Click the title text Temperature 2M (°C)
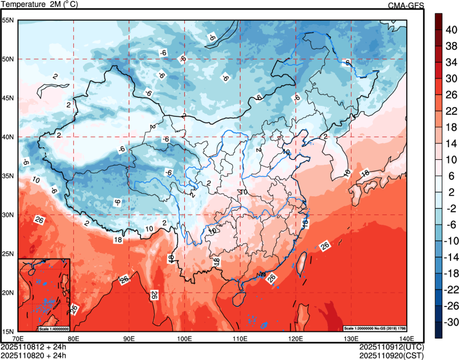pyautogui.click(x=38, y=5)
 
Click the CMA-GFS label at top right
pyautogui.click(x=406, y=5)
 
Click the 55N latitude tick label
pyautogui.click(x=8, y=20)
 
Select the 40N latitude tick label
pyautogui.click(x=8, y=137)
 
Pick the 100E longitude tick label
pyautogui.click(x=184, y=339)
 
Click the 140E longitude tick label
pyautogui.click(x=406, y=339)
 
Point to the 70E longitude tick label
pyautogui.click(x=18, y=339)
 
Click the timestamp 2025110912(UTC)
pyautogui.click(x=392, y=347)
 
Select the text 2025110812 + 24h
pyautogui.click(x=34, y=347)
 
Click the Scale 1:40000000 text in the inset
pyautogui.click(x=53, y=328)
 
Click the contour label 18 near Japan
pyautogui.click(x=365, y=173)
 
